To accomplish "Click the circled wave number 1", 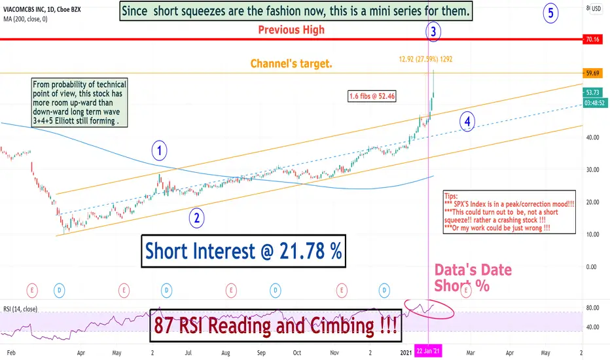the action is click(159, 151).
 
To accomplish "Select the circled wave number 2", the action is click(197, 218).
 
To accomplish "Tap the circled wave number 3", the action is click(433, 31).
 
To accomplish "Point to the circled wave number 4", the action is click(467, 122).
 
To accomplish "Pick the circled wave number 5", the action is click(551, 13).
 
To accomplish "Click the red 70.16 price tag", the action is click(592, 39).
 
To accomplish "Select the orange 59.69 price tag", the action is click(592, 73).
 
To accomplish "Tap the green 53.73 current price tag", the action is click(592, 92).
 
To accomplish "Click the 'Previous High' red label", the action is click(291, 29).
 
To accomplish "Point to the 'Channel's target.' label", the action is click(291, 63).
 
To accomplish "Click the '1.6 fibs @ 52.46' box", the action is click(372, 96).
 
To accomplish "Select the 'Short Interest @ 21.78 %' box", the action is click(243, 251).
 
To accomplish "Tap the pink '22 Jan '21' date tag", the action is click(428, 351).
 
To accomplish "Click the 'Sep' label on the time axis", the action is click(261, 353).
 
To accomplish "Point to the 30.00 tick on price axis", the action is click(592, 170).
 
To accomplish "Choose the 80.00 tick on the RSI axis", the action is click(592, 308).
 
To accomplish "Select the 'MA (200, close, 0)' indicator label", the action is click(26, 19).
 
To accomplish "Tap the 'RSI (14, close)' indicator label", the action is click(20, 309).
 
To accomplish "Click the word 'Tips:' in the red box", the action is click(451, 196).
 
